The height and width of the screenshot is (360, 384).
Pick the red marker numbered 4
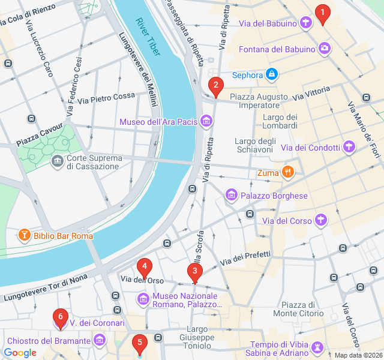pyautogui.click(x=144, y=267)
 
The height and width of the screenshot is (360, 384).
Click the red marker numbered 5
pyautogui.click(x=139, y=344)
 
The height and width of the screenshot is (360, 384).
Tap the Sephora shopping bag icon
pyautogui.click(x=272, y=74)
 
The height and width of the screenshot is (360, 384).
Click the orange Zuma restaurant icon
pyautogui.click(x=288, y=173)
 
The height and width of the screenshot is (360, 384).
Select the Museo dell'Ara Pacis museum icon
pyautogui.click(x=206, y=122)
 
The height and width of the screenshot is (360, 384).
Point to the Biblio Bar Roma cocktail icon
pyautogui.click(x=25, y=236)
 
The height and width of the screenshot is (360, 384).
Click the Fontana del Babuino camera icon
pyautogui.click(x=325, y=49)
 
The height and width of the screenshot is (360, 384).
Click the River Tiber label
pyautogui.click(x=148, y=37)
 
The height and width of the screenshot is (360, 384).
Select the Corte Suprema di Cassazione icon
pyautogui.click(x=58, y=160)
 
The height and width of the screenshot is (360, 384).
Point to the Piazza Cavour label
pyautogui.click(x=35, y=140)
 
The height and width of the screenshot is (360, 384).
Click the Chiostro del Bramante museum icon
pyautogui.click(x=100, y=340)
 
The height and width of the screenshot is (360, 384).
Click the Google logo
pyautogui.click(x=20, y=353)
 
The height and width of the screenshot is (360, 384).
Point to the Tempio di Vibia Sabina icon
pyautogui.click(x=316, y=348)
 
